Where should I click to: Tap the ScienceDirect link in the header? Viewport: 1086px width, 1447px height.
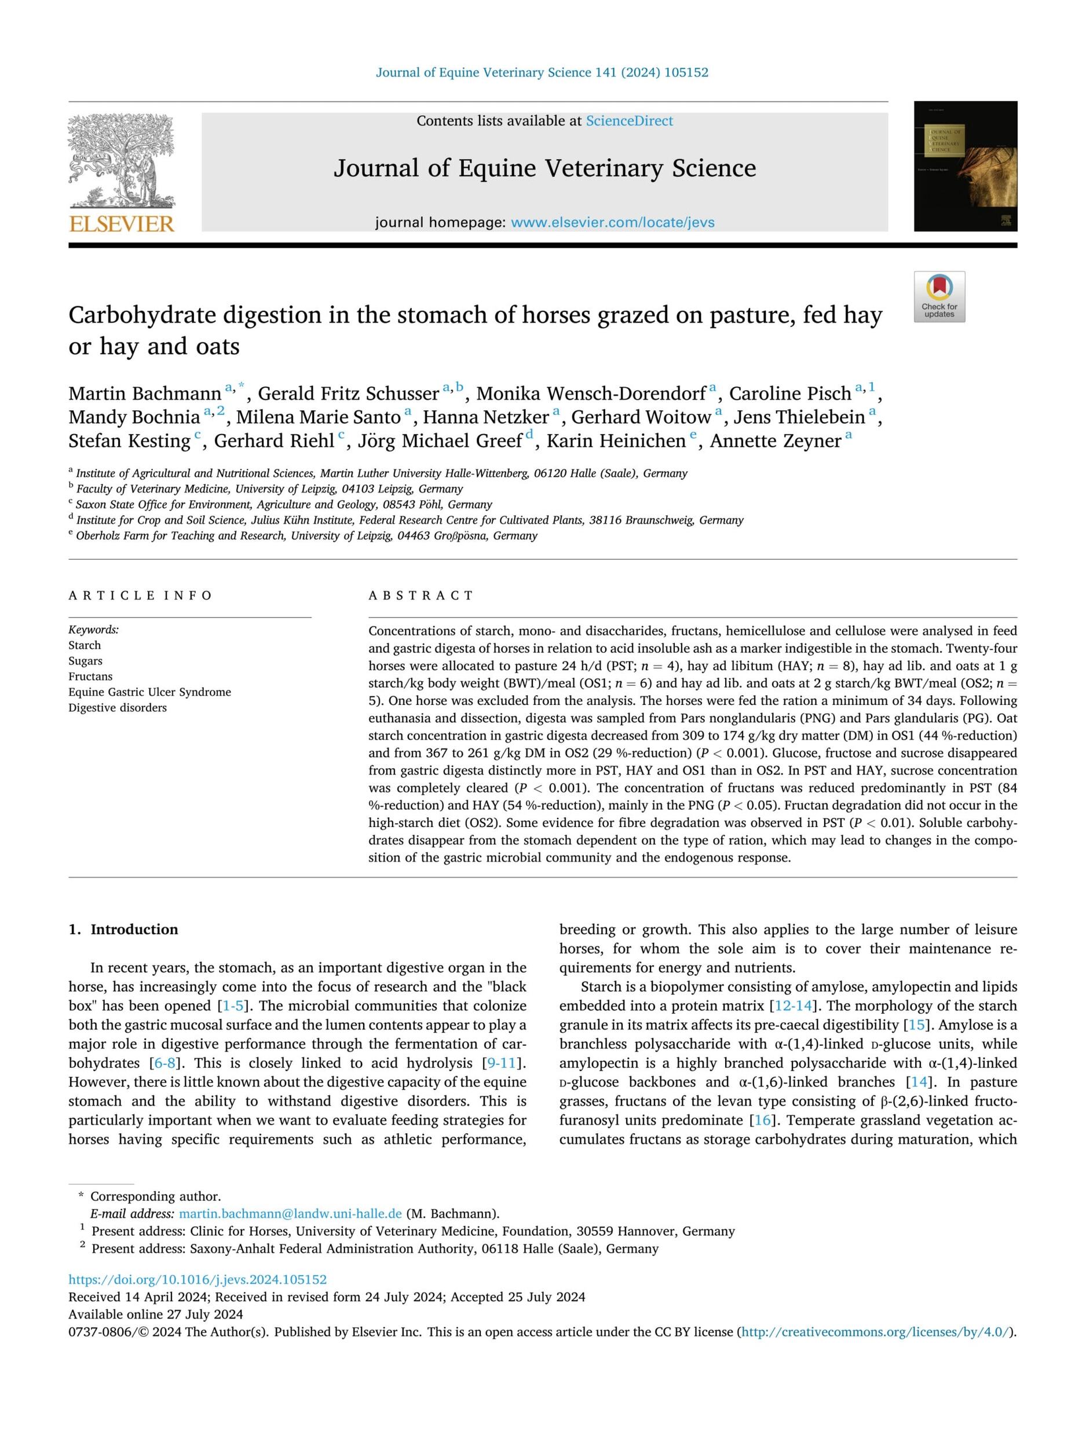628,121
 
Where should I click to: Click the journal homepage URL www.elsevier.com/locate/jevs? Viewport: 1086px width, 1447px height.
612,222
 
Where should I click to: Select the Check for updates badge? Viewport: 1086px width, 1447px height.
939,296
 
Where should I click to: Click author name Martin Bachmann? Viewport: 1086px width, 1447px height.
145,393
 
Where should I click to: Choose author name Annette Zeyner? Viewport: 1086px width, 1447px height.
775,441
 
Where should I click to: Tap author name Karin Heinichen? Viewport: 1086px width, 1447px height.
615,441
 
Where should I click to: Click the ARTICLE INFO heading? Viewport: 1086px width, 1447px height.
141,595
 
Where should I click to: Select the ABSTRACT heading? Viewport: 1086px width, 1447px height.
420,595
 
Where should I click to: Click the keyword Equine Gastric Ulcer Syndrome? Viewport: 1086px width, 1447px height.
149,692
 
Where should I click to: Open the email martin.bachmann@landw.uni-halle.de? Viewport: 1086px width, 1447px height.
290,1214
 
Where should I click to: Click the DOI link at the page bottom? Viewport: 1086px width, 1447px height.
197,1280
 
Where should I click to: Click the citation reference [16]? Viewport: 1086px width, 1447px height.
763,1120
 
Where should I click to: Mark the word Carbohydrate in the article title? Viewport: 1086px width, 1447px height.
142,315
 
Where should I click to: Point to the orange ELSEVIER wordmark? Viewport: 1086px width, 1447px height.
122,225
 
